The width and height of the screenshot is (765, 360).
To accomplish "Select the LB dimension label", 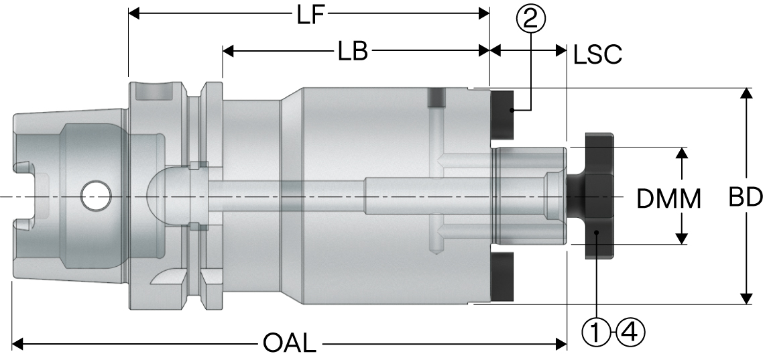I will coord(353,52).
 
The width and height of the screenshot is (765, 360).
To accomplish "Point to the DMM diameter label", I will coord(668,199).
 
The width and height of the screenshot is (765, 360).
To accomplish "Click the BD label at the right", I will coord(745,197).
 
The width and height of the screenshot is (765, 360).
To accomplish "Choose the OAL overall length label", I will coord(289,345).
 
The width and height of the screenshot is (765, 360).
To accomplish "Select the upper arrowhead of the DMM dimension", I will coord(682,154).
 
